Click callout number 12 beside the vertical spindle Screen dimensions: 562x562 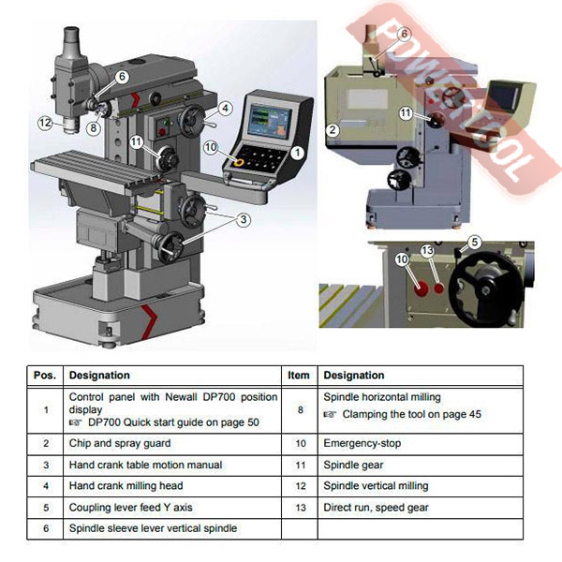pyautogui.click(x=45, y=123)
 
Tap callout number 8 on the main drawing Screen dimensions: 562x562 pyautogui.click(x=93, y=128)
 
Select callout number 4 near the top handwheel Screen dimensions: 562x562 pyautogui.click(x=225, y=108)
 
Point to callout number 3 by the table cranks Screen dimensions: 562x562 pyautogui.click(x=244, y=219)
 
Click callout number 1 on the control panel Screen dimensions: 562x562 pyautogui.click(x=297, y=153)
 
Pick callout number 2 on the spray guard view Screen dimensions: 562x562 pyautogui.click(x=333, y=129)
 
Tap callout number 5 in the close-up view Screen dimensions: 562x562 pyautogui.click(x=475, y=243)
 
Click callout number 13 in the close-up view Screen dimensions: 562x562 pyautogui.click(x=428, y=250)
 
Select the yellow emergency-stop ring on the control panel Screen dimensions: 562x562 pyautogui.click(x=238, y=162)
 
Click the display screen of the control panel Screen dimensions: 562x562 pyautogui.click(x=270, y=121)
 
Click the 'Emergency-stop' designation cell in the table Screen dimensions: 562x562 pyautogui.click(x=362, y=443)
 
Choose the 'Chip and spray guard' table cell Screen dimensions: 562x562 pyautogui.click(x=120, y=443)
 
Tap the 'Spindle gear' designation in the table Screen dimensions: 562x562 pyautogui.click(x=353, y=465)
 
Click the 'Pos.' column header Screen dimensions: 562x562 pyautogui.click(x=45, y=376)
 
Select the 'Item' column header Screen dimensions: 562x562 pyautogui.click(x=299, y=376)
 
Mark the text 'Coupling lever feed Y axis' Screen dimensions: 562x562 pyautogui.click(x=131, y=508)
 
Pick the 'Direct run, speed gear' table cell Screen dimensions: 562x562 pyautogui.click(x=376, y=508)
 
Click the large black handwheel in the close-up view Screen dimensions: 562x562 pyautogui.click(x=485, y=289)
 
